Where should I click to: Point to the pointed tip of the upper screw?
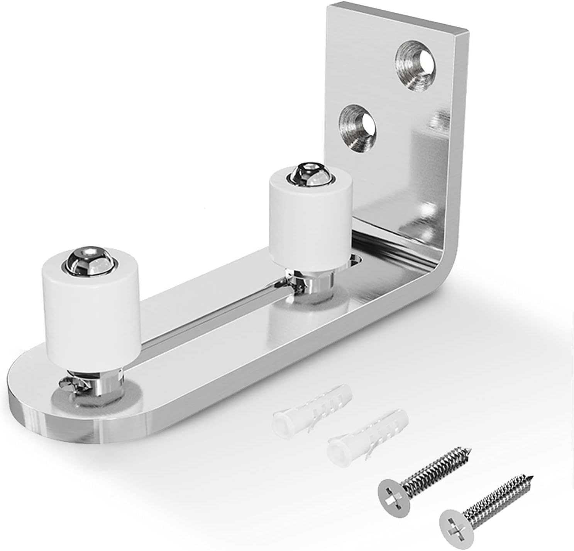click(x=470, y=450)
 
